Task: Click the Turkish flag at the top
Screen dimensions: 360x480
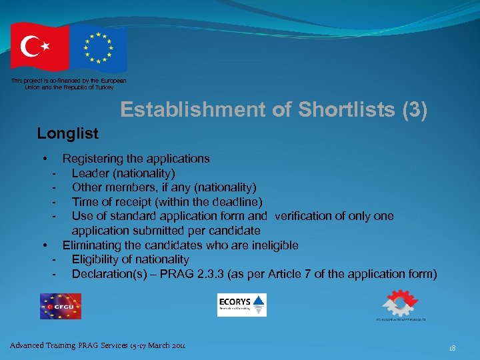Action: (39, 47)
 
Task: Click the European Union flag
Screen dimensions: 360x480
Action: (98, 48)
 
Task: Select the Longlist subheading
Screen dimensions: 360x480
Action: (67, 133)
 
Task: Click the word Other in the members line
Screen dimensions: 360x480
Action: (86, 187)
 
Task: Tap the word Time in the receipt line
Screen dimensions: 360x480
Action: (85, 202)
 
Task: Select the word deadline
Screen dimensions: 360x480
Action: (237, 202)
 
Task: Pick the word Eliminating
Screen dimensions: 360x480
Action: (93, 245)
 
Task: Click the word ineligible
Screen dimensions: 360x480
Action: (273, 245)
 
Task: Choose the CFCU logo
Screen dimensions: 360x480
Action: (61, 306)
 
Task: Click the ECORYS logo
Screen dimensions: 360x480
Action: (241, 305)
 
